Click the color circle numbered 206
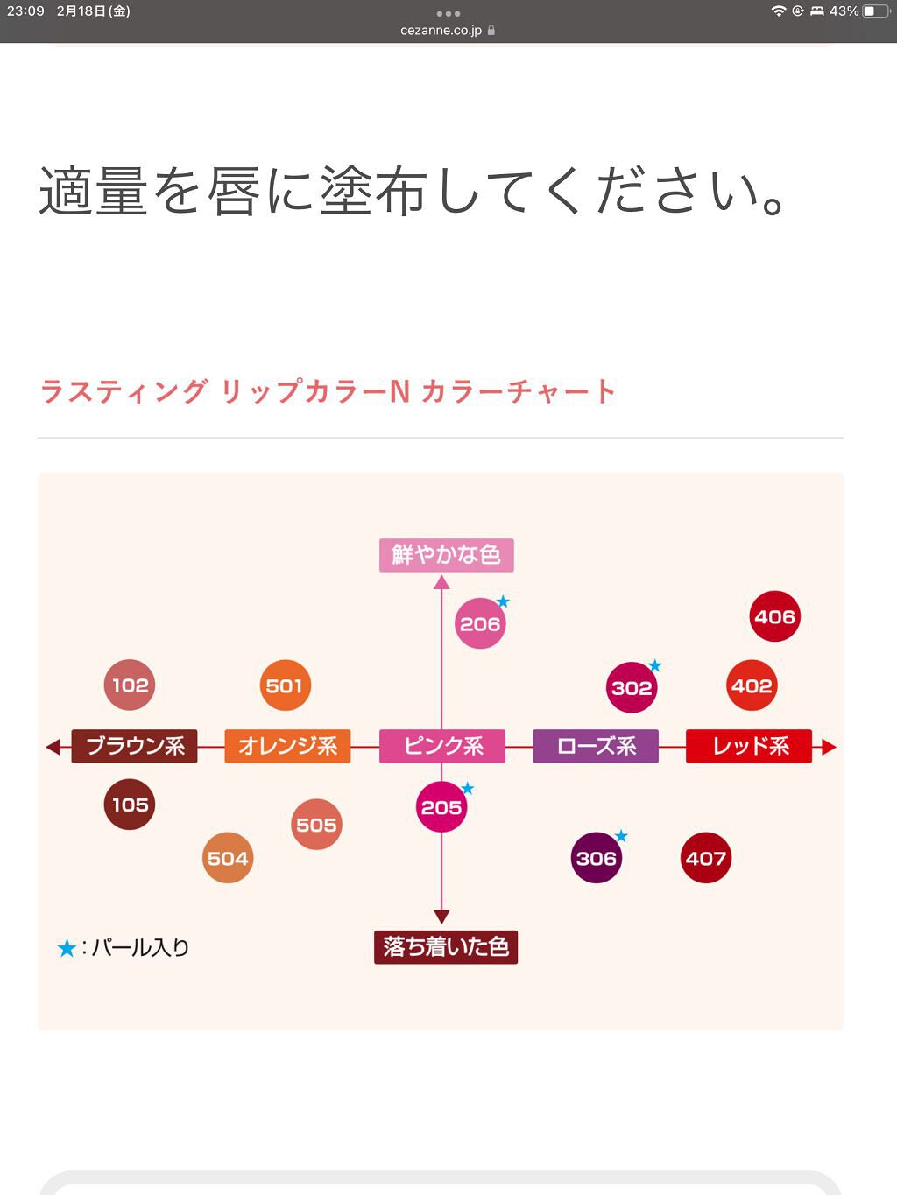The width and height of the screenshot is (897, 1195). (480, 623)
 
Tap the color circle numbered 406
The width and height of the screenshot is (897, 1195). (775, 616)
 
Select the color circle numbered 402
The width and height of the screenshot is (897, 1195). (752, 685)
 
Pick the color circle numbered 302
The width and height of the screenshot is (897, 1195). (632, 687)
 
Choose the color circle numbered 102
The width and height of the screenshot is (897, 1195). (130, 685)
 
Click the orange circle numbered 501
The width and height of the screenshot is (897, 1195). (285, 685)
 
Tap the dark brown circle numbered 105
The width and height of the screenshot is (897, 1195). (130, 804)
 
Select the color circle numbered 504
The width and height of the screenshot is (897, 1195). (228, 858)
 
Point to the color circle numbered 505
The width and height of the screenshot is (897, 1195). (316, 824)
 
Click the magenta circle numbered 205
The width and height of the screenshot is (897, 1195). (441, 806)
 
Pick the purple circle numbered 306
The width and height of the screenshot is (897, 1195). (596, 858)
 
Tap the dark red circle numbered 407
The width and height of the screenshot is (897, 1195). (706, 858)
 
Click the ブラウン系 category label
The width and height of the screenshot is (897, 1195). (135, 746)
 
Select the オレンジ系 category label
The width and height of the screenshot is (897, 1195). (287, 746)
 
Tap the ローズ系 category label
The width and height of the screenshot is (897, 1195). (596, 746)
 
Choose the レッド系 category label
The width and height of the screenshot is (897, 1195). (749, 746)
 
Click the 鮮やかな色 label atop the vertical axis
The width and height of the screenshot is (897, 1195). (446, 554)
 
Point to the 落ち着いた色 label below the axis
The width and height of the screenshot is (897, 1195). (445, 946)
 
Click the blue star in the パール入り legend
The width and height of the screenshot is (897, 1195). (66, 948)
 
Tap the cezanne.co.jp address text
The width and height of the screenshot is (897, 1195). (441, 31)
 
